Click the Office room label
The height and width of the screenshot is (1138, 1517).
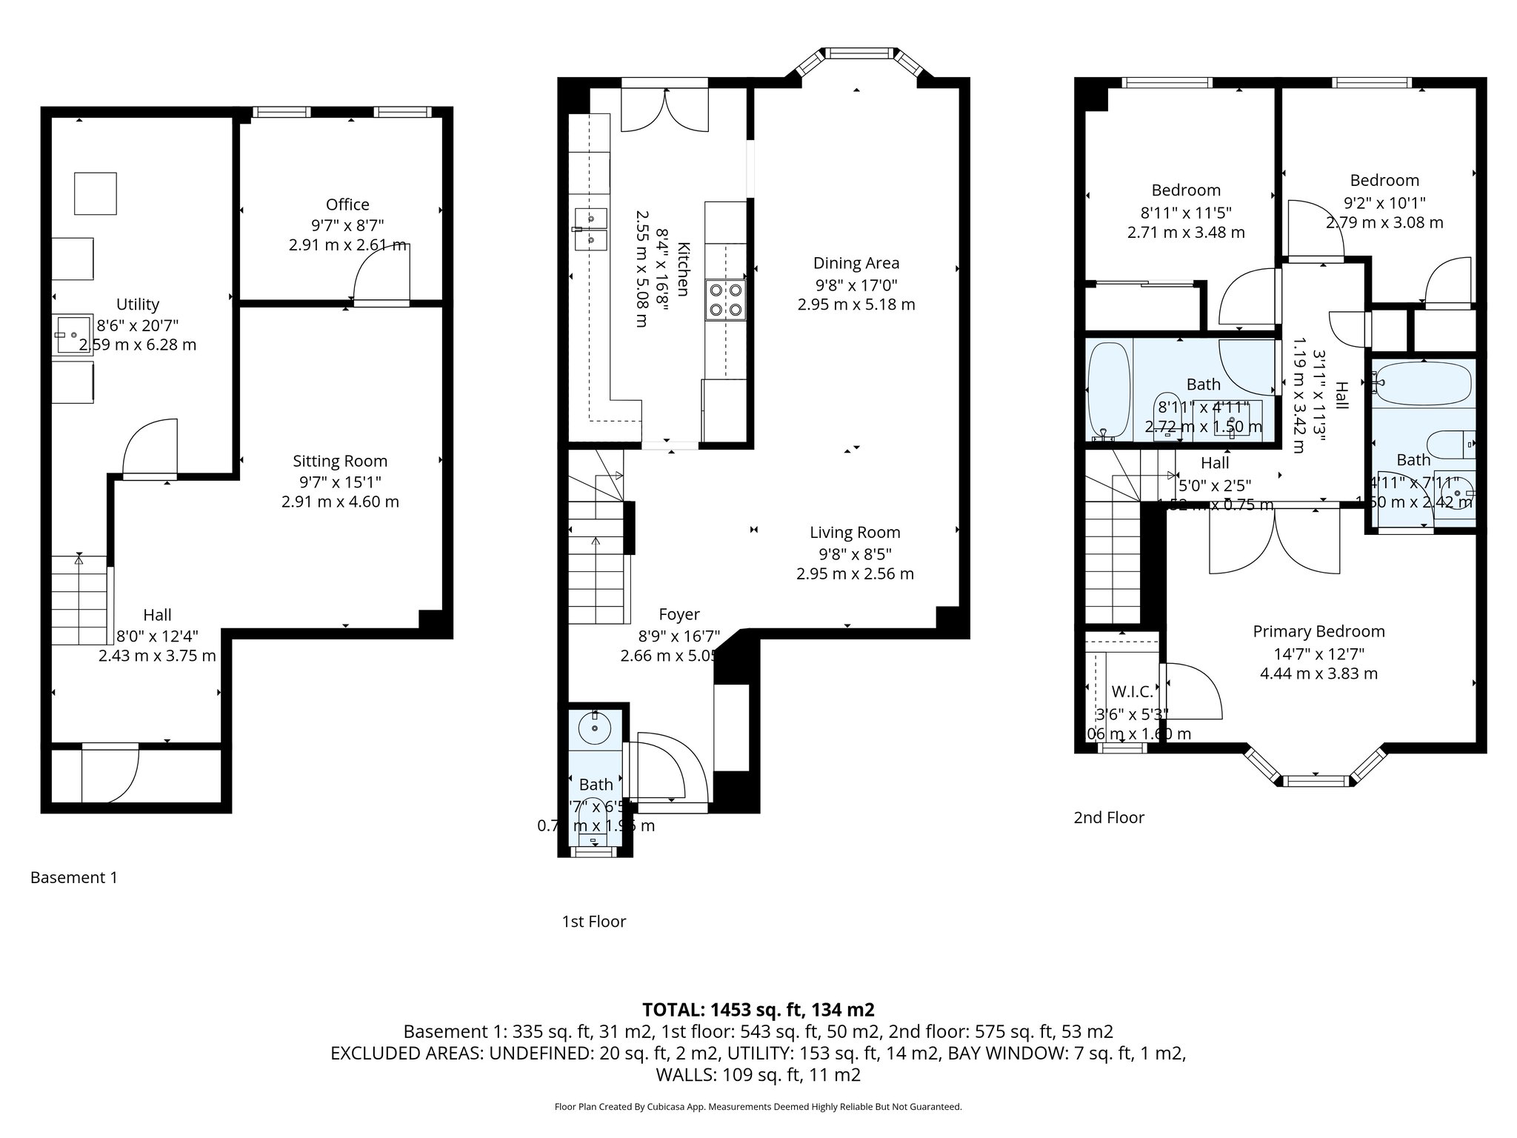pyautogui.click(x=347, y=204)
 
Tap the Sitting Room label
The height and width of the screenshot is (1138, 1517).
pyautogui.click(x=340, y=461)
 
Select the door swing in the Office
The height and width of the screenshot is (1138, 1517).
pyautogui.click(x=381, y=273)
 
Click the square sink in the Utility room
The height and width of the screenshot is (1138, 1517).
pyautogui.click(x=73, y=335)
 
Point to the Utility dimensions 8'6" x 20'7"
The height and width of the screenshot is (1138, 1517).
pyautogui.click(x=138, y=325)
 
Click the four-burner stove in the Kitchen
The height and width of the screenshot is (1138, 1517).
pyautogui.click(x=726, y=299)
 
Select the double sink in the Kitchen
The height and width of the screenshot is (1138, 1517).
pyautogui.click(x=591, y=229)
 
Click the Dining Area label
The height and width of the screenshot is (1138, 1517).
pyautogui.click(x=856, y=263)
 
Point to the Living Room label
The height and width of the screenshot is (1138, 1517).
pyautogui.click(x=855, y=532)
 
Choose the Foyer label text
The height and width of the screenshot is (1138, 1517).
pyautogui.click(x=679, y=614)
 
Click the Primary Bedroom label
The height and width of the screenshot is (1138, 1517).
pyautogui.click(x=1318, y=631)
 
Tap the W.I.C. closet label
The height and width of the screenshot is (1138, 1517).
pyautogui.click(x=1132, y=692)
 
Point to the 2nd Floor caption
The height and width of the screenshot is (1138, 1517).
pyautogui.click(x=1109, y=817)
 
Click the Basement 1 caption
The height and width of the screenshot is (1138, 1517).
pyautogui.click(x=73, y=877)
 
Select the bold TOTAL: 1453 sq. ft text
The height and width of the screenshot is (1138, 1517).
pyautogui.click(x=758, y=1009)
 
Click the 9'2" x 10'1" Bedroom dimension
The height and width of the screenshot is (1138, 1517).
pyautogui.click(x=1384, y=202)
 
